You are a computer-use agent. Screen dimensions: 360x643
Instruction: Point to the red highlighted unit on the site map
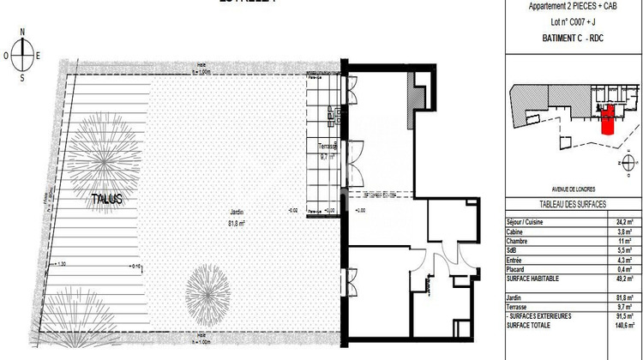point(608,121)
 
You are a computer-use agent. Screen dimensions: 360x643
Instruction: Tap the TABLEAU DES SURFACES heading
point(573,203)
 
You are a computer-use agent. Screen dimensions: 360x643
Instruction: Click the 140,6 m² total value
point(625,325)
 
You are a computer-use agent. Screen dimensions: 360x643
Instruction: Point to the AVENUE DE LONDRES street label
point(573,189)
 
